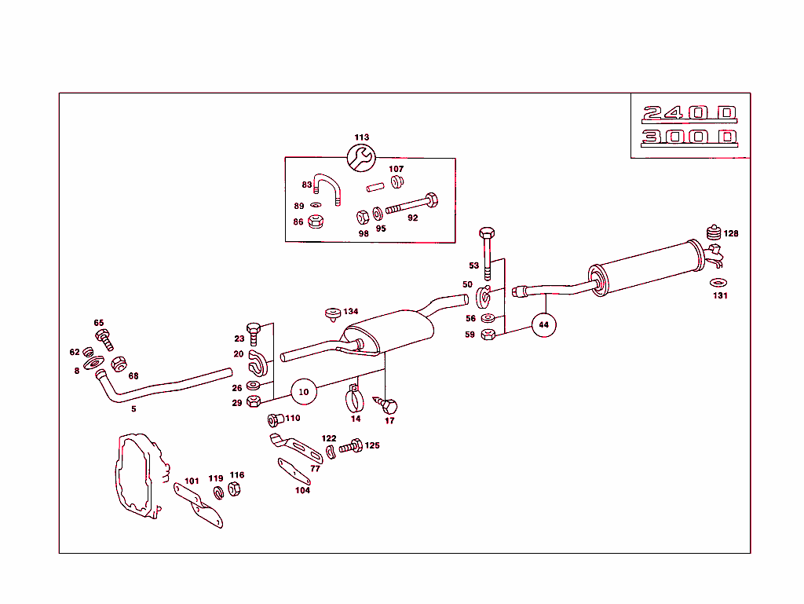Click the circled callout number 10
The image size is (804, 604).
pyautogui.click(x=304, y=390)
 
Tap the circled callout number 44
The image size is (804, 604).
pyautogui.click(x=543, y=324)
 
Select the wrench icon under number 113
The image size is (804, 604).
pyautogui.click(x=361, y=157)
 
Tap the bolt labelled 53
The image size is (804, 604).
pyautogui.click(x=487, y=251)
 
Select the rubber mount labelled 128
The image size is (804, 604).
pyautogui.click(x=714, y=233)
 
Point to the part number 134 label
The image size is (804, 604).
pyautogui.click(x=350, y=312)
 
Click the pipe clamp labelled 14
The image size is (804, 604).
pyautogui.click(x=356, y=399)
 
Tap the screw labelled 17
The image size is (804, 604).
pyautogui.click(x=389, y=405)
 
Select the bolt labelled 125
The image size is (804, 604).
pyautogui.click(x=349, y=447)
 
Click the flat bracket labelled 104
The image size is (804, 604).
pyautogui.click(x=294, y=472)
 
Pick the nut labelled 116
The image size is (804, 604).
pyautogui.click(x=234, y=489)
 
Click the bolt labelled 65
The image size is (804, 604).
pyautogui.click(x=105, y=339)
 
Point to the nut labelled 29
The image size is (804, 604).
pyautogui.click(x=253, y=402)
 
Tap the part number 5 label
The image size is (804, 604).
pyautogui.click(x=133, y=409)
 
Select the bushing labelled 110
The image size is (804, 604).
pyautogui.click(x=276, y=419)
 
